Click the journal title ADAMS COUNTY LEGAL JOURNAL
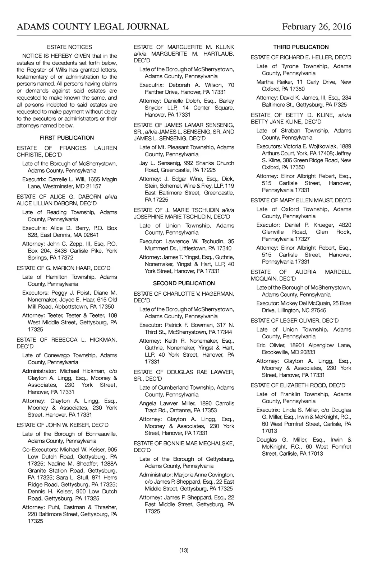[93, 27]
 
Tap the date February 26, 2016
[316, 27]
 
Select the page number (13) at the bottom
[184, 550]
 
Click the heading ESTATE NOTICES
[69, 47]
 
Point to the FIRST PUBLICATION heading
[67, 138]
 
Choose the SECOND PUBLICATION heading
[184, 283]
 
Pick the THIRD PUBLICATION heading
[301, 47]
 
